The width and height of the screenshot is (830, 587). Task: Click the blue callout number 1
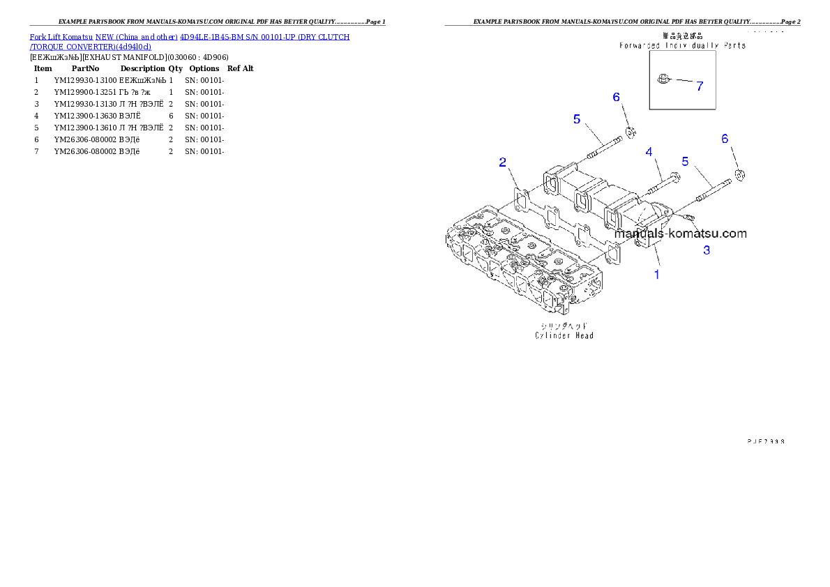[x=656, y=275]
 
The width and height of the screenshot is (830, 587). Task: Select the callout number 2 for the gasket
[x=503, y=162]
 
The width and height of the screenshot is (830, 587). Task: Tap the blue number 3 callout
[x=707, y=250]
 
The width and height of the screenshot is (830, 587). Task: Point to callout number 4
[x=649, y=151]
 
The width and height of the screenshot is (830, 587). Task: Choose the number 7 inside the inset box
[x=699, y=86]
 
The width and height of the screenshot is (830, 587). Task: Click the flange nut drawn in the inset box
[x=663, y=80]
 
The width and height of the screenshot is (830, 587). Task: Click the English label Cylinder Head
[x=564, y=335]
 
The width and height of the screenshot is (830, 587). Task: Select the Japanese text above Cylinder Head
[x=564, y=326]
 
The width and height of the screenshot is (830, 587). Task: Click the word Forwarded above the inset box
[x=640, y=45]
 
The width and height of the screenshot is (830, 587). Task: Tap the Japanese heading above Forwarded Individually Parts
[x=682, y=35]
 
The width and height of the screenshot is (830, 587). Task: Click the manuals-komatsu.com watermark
[x=681, y=234]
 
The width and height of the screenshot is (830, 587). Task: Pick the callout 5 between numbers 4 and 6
[x=685, y=161]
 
